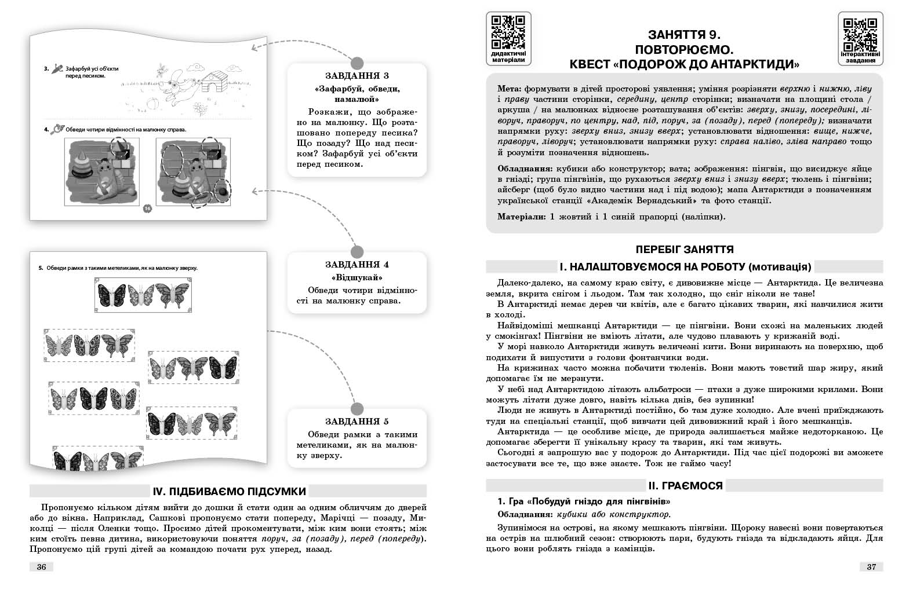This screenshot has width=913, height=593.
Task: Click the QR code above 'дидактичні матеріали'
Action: [x=508, y=32]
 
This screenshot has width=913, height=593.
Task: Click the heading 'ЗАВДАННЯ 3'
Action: [x=357, y=76]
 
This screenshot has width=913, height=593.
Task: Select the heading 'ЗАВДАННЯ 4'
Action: [x=357, y=265]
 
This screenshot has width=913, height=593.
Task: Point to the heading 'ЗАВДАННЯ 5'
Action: [x=357, y=421]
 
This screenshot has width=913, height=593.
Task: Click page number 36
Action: [x=41, y=567]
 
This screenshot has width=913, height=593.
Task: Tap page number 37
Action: [x=871, y=567]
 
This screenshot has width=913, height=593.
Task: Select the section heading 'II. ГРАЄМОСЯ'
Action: [x=685, y=485]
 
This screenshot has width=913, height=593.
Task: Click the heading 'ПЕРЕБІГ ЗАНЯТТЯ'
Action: [x=685, y=250]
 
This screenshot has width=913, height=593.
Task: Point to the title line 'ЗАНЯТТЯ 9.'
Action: [x=685, y=34]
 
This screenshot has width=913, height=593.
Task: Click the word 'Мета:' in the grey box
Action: [x=510, y=89]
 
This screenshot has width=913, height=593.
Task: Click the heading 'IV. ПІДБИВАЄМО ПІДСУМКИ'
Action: [x=229, y=491]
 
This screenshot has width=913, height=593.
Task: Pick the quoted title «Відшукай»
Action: [x=357, y=277]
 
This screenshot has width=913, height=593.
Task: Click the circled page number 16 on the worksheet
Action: [x=146, y=208]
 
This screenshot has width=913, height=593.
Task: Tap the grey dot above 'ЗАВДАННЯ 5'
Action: [x=357, y=408]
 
